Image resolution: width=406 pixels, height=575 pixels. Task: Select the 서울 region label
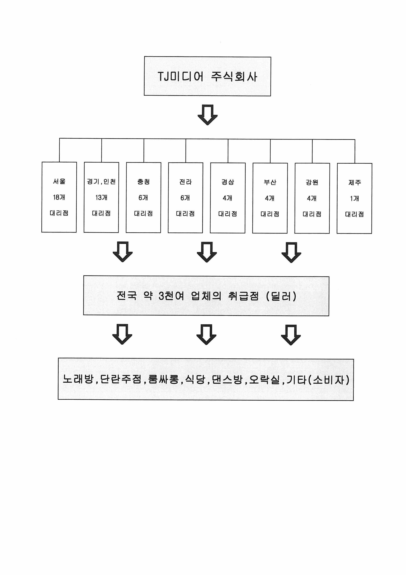(x=59, y=181)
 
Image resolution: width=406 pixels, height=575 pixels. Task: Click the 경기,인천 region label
(x=101, y=182)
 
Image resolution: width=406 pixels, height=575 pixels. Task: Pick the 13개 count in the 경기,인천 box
(x=101, y=198)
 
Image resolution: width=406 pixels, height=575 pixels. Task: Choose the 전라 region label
(x=185, y=182)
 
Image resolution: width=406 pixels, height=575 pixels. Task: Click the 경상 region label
(x=228, y=182)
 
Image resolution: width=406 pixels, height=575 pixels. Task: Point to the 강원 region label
(x=312, y=182)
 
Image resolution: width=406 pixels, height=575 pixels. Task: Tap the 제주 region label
(x=354, y=183)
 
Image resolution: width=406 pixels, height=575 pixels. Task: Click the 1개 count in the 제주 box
(x=354, y=199)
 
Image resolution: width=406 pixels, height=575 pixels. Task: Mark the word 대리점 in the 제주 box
(x=354, y=214)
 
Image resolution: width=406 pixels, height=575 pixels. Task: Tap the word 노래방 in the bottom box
(x=78, y=379)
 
